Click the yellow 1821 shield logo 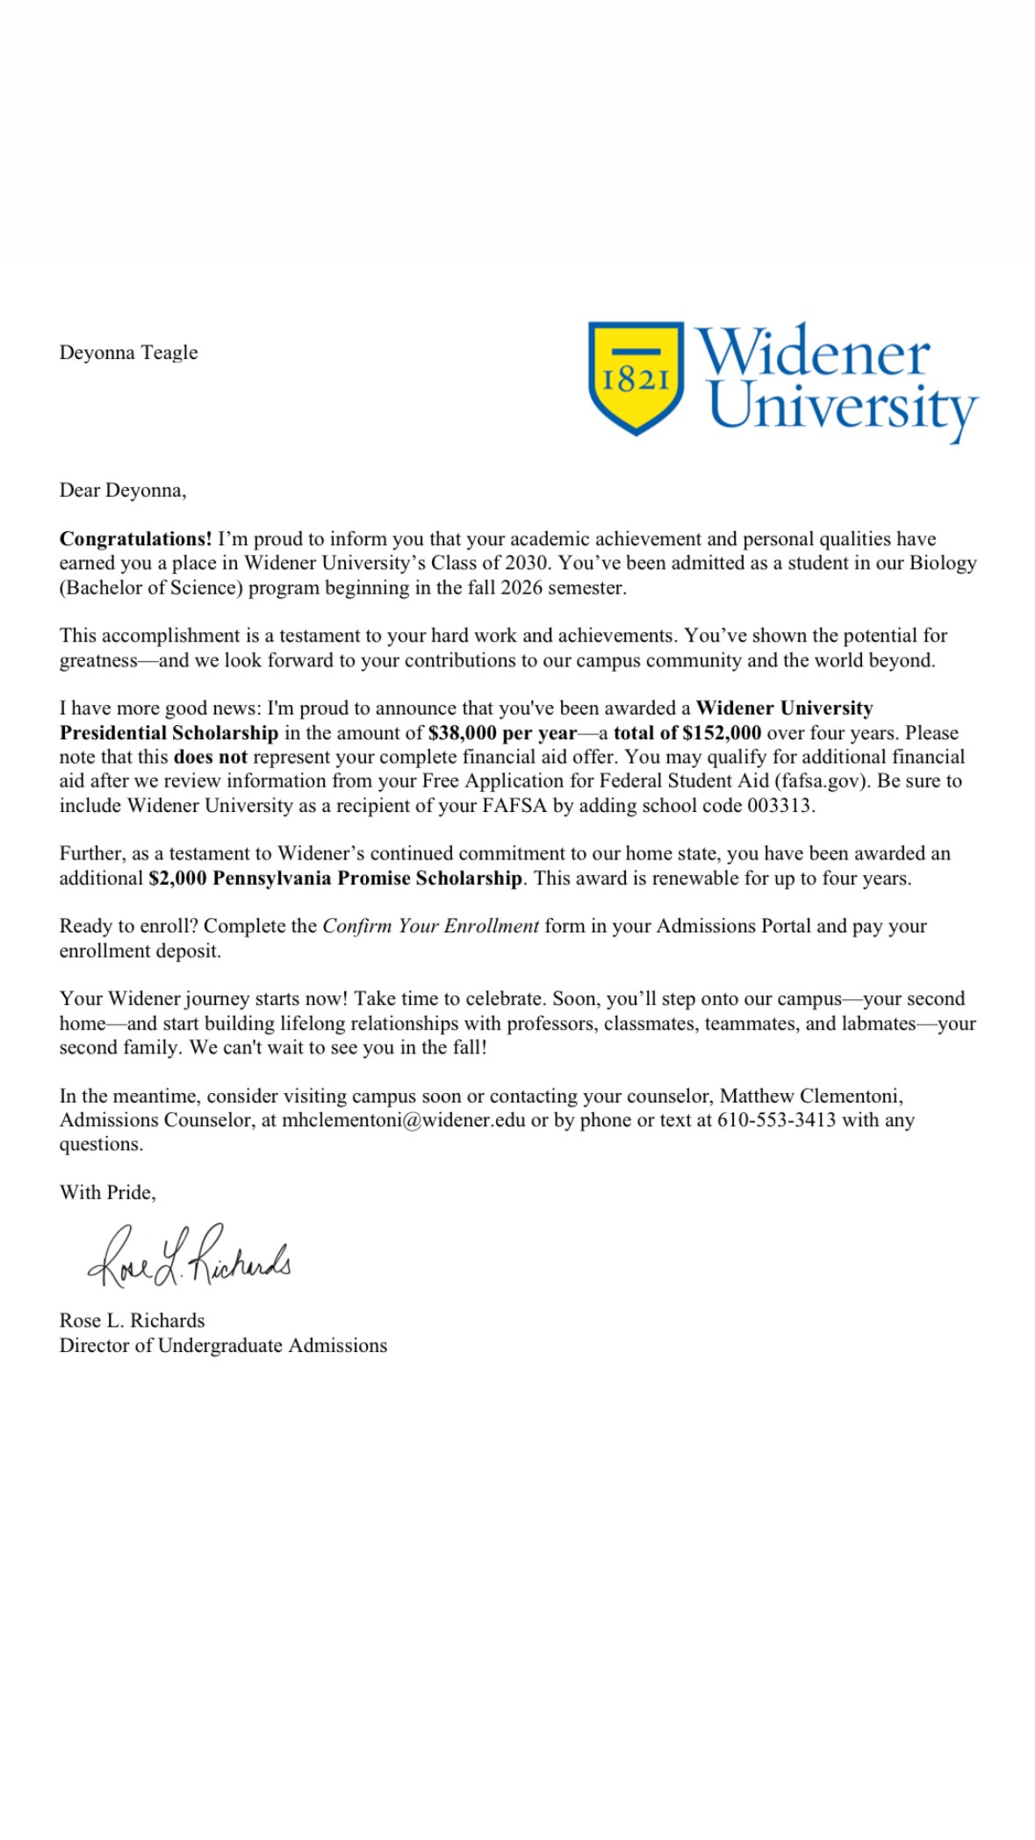click(x=636, y=377)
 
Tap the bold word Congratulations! click(x=135, y=539)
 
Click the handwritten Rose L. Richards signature click(x=189, y=1258)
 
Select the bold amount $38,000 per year click(x=502, y=733)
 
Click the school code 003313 click(x=779, y=806)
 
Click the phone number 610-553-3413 click(x=776, y=1120)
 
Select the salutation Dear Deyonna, click(x=123, y=490)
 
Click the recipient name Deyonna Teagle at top click(x=128, y=353)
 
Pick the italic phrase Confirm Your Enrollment click(x=430, y=926)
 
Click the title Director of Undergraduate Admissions click(x=223, y=1346)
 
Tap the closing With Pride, click(x=107, y=1192)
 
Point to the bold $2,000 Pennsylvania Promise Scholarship click(x=335, y=878)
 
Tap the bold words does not click(x=210, y=757)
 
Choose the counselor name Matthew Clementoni click(x=810, y=1096)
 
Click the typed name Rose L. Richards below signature click(x=132, y=1321)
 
